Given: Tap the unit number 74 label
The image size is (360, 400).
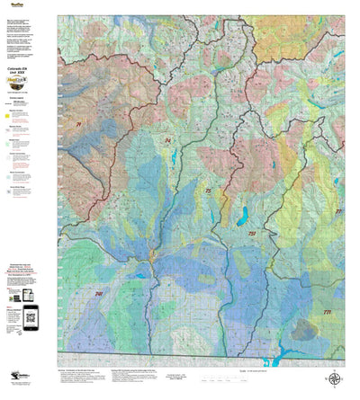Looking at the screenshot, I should pos(167,141).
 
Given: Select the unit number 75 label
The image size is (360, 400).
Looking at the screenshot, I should pos(208,191).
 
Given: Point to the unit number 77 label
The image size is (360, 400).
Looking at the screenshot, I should pos(338,211).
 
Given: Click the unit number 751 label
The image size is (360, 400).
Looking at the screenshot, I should pos(252,233).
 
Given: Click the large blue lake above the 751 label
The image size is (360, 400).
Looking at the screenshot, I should pos(242,216).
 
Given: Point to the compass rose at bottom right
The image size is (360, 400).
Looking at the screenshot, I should pos(334,378).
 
